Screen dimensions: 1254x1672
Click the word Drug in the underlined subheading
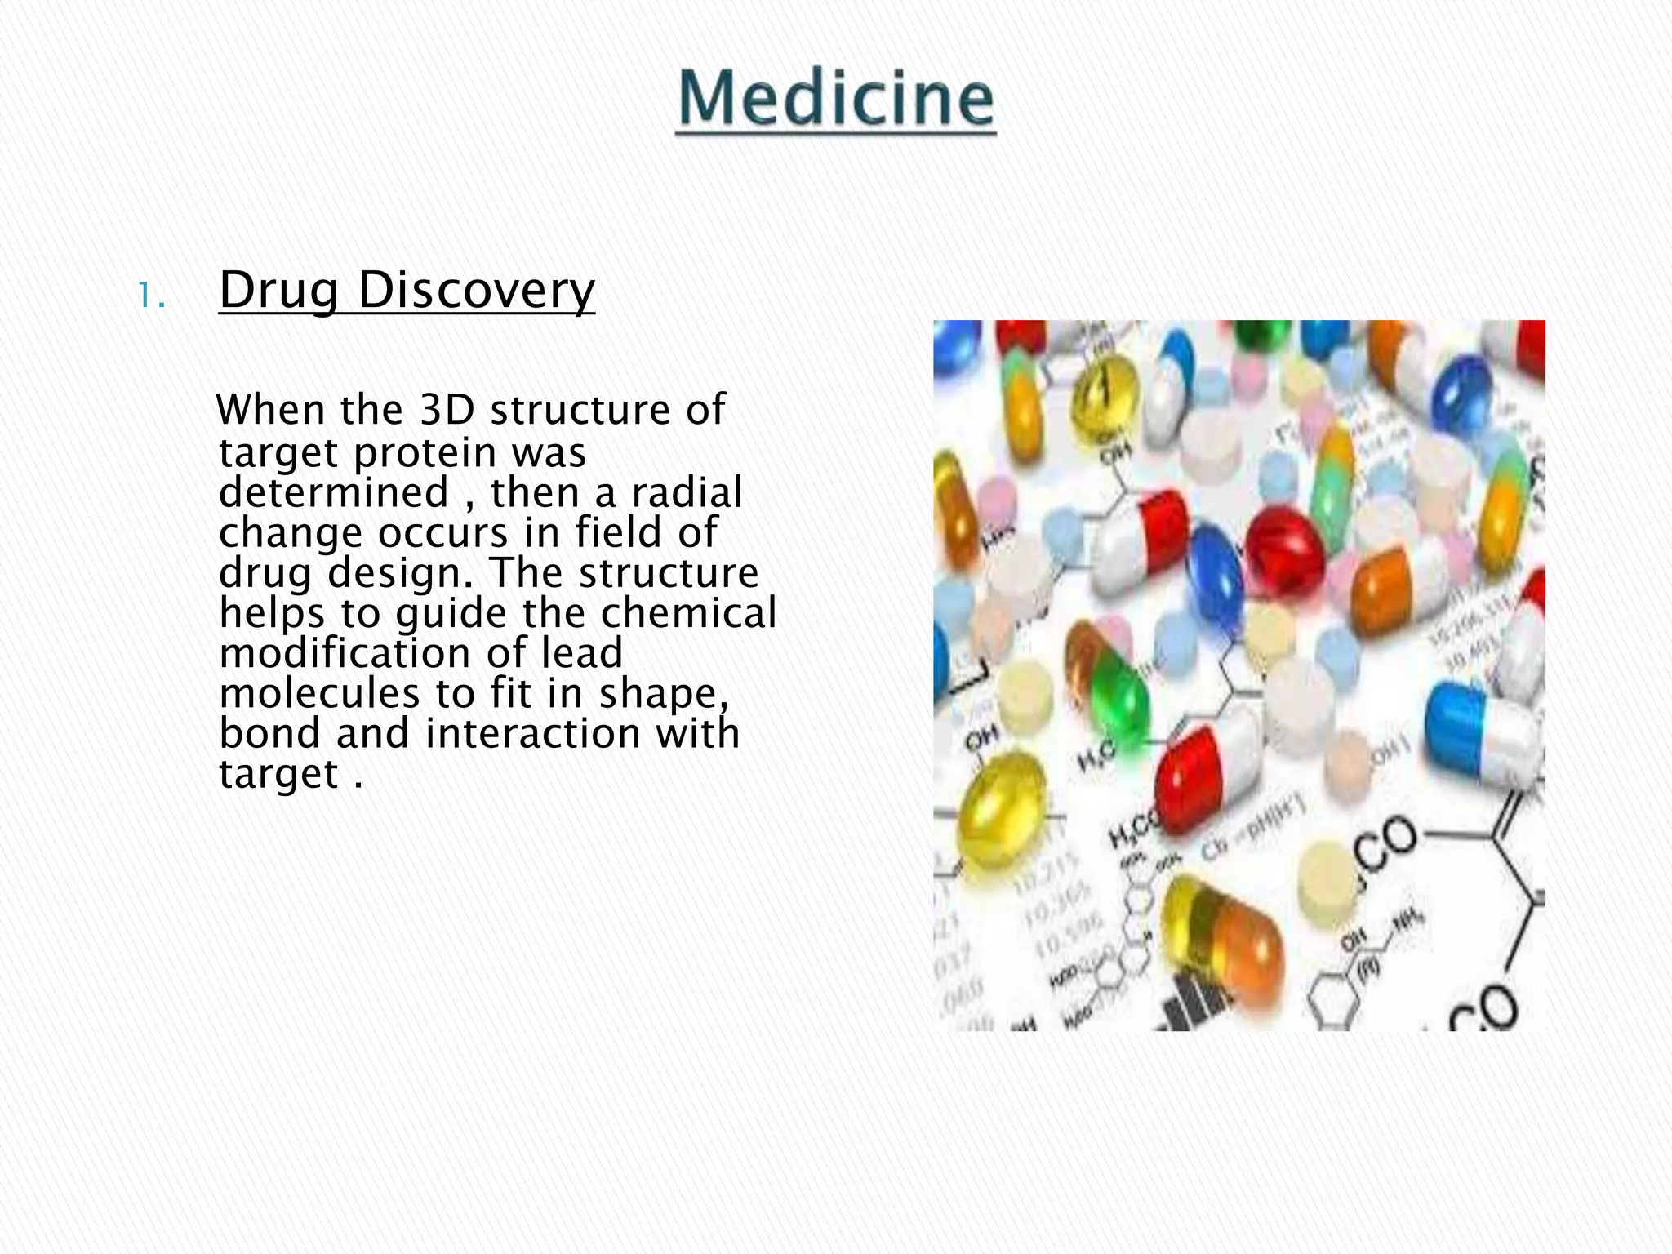tap(278, 291)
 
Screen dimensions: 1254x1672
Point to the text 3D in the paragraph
tap(447, 410)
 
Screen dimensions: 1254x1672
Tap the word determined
tap(334, 492)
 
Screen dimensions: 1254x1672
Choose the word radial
tap(687, 492)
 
